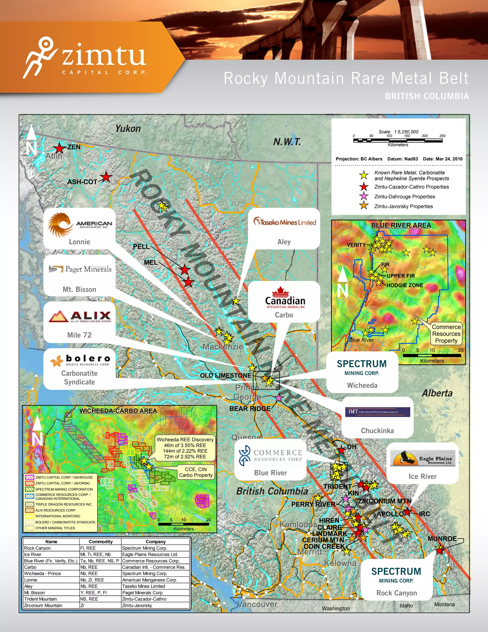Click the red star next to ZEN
pyautogui.click(x=60, y=148)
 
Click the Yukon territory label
pyautogui.click(x=128, y=129)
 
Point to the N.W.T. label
pyautogui.click(x=287, y=142)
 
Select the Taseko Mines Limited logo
pyautogui.click(x=285, y=222)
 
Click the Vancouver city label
pyautogui.click(x=257, y=605)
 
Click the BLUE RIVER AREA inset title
pyautogui.click(x=401, y=225)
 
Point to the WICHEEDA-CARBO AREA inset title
pyautogui.click(x=118, y=411)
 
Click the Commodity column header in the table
pyautogui.click(x=100, y=542)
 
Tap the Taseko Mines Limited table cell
pyautogui.click(x=144, y=586)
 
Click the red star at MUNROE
pyautogui.click(x=439, y=549)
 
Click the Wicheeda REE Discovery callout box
pyautogui.click(x=185, y=448)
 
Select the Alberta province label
pyautogui.click(x=437, y=393)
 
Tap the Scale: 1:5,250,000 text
pyautogui.click(x=398, y=132)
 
